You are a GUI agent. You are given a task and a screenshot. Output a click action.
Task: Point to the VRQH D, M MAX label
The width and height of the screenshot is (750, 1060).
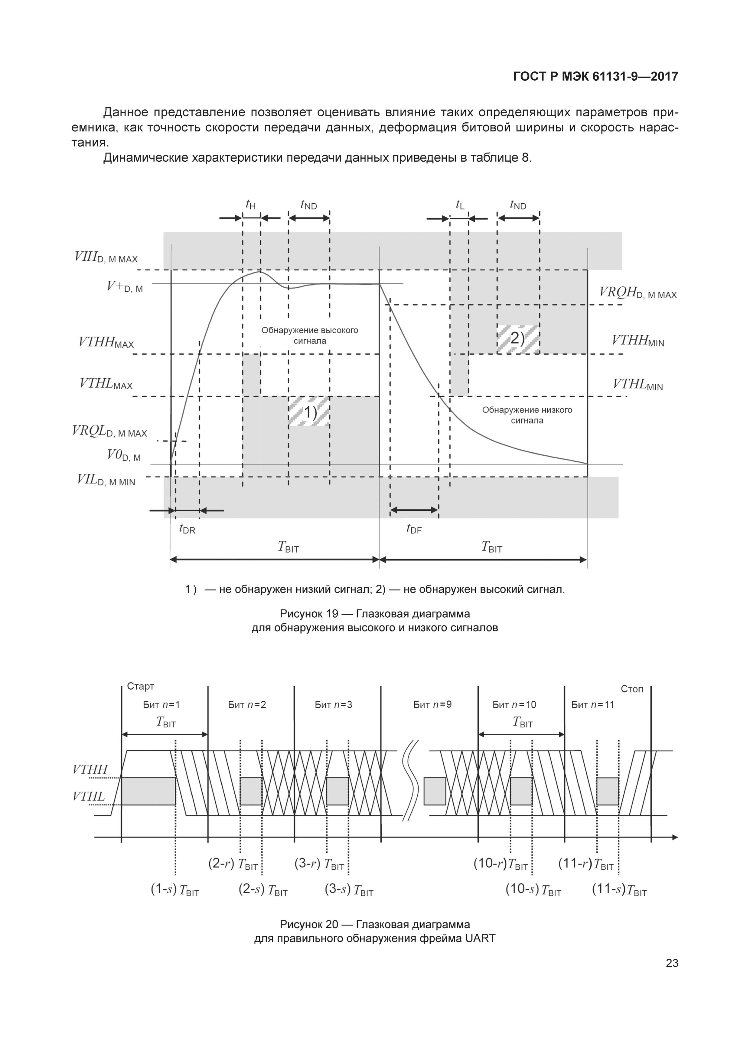point(638,293)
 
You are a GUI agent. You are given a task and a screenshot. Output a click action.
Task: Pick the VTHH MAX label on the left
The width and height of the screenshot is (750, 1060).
point(106,343)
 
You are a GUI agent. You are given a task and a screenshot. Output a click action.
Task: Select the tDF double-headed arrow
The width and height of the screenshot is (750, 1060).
point(414,510)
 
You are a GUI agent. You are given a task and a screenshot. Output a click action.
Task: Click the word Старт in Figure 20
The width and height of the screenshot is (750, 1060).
point(141,687)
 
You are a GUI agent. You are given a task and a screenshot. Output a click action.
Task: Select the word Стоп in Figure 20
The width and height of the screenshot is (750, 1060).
point(632,689)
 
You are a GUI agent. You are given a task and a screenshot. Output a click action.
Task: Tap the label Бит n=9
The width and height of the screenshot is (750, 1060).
point(432,705)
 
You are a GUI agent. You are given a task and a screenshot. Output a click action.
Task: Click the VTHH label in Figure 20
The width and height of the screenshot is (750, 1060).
point(90,769)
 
